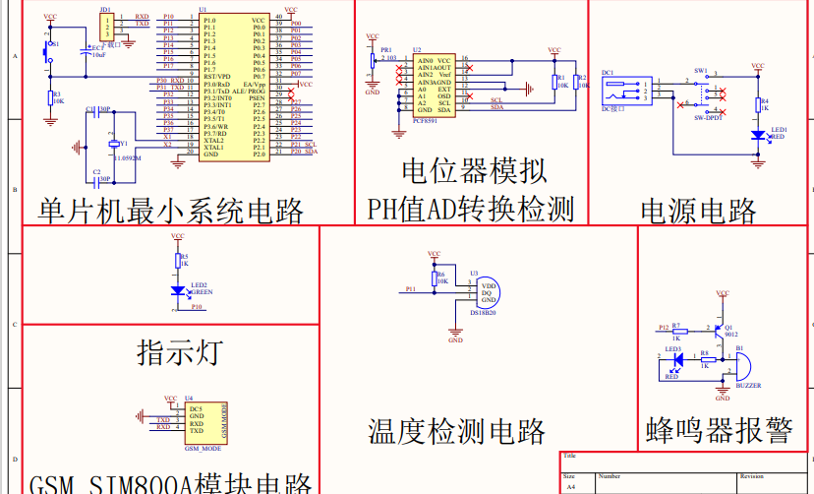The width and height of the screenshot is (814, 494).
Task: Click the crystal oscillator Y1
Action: (x=112, y=146)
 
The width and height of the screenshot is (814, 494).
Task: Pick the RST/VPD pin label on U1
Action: (x=217, y=77)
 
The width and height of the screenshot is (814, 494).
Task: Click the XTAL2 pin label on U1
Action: (x=213, y=141)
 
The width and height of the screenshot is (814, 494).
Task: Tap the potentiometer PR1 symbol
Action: (x=373, y=61)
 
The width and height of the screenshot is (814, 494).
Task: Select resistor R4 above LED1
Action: (x=757, y=106)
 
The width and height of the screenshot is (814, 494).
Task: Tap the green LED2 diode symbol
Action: (x=177, y=291)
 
